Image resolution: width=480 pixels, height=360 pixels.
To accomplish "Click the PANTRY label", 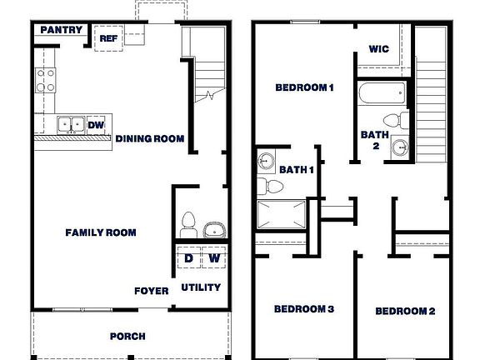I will coord(62,31).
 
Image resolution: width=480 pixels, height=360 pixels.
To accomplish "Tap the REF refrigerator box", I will coord(108,38).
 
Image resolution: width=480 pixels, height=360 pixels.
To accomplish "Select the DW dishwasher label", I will coord(96,125).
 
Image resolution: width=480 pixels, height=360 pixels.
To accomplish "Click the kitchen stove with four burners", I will coord(45,81).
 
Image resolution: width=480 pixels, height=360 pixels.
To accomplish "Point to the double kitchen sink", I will coord(70,125).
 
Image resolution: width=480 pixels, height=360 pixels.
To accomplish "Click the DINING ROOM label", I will coord(150,138).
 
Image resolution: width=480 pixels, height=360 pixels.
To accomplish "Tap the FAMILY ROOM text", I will coord(101,232).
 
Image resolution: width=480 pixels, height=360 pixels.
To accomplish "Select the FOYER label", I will coord(151,291).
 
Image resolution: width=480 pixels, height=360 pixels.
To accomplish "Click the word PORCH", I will coord(127,337).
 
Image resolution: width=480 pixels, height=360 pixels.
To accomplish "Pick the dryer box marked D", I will coord(188,258).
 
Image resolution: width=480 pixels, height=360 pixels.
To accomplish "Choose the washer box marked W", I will coord(213,258).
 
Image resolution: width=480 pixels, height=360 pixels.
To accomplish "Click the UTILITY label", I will coord(201,287).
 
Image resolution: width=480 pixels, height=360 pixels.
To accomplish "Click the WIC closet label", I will coord(380,49).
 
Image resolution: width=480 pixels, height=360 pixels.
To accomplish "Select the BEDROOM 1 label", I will coord(304,87).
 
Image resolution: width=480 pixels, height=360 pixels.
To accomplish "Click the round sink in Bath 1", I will coord(268,160).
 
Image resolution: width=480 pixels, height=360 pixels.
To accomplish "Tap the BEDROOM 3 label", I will coord(304,309).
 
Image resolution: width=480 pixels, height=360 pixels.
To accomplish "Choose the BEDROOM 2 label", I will coord(405,311).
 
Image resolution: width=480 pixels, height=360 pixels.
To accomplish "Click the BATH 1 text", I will coord(297,170).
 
